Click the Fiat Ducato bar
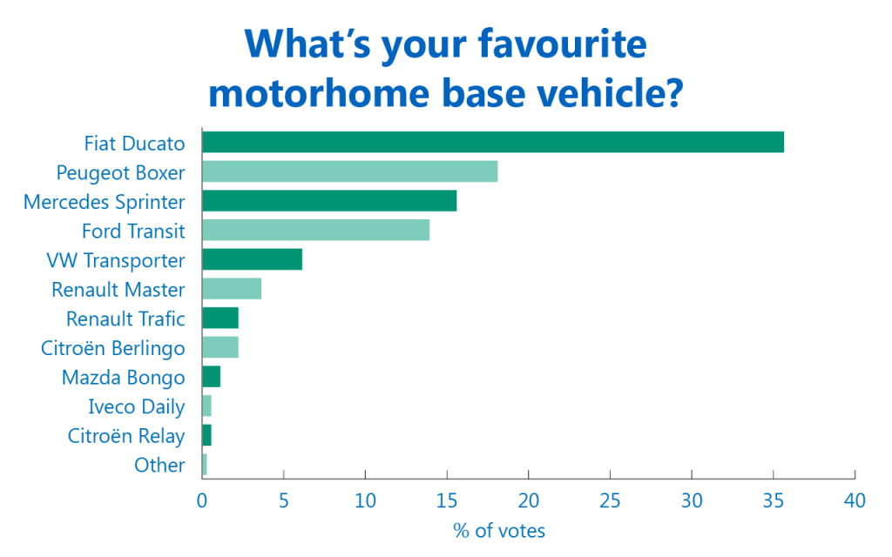coord(493,142)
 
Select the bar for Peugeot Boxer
coord(350,171)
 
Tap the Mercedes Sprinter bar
coord(329,201)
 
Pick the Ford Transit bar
coord(315,230)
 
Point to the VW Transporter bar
coord(252,259)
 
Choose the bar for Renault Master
coord(232,289)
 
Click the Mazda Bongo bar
coord(211,376)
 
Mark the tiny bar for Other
coord(205,465)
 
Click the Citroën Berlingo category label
coord(112,348)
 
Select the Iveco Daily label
coord(137,407)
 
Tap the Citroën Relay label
coord(126,436)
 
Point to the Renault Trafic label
coord(125,319)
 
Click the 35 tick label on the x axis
coord(774,500)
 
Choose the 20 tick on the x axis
coord(529,500)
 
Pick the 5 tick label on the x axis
coord(283,500)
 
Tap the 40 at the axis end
coord(855,500)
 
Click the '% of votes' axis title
coord(499,531)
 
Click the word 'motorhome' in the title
coord(319,93)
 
